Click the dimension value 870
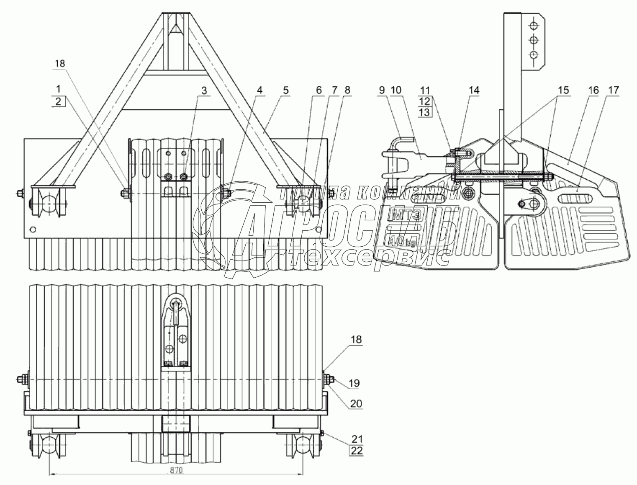(176, 470)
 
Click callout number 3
(204, 90)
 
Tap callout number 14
(474, 90)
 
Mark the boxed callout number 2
(58, 101)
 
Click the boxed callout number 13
(424, 112)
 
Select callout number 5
(286, 90)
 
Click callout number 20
(356, 404)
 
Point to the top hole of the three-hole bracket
(533, 26)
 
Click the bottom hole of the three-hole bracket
(533, 55)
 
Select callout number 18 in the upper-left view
(59, 63)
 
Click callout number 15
(563, 90)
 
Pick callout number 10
(396, 90)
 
